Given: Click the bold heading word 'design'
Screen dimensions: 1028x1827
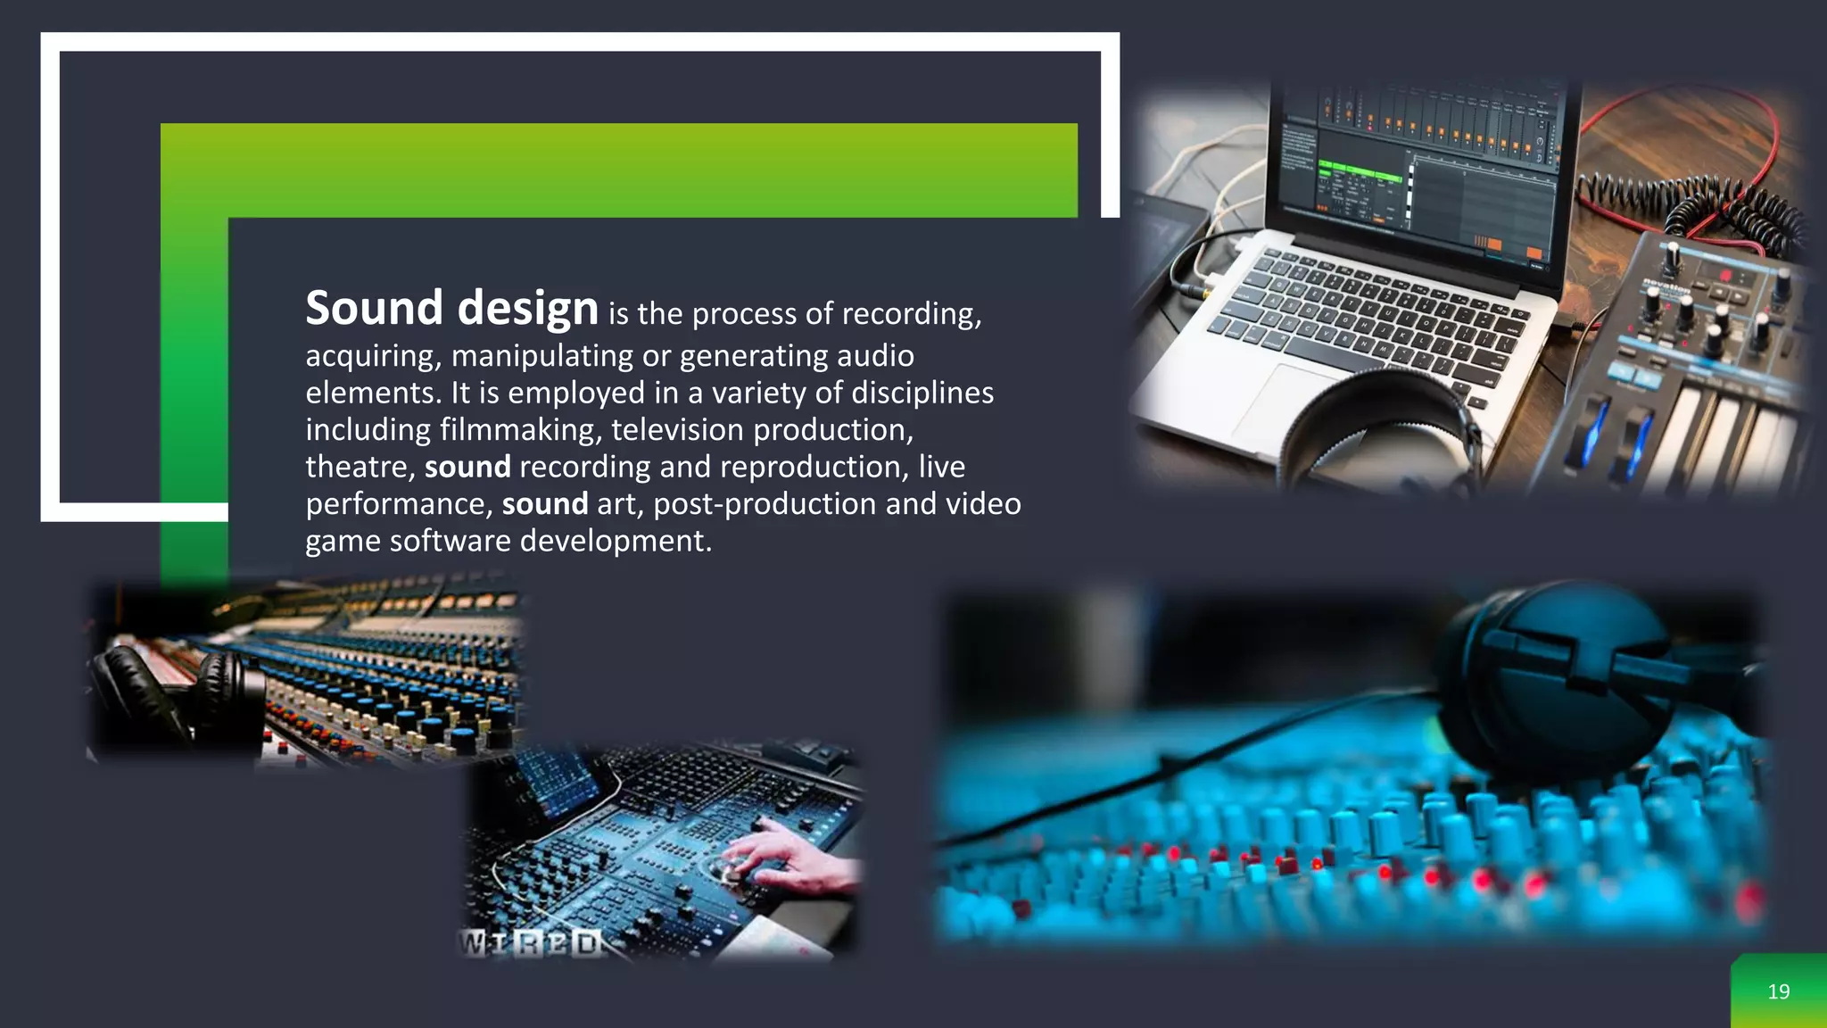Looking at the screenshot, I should tap(527, 309).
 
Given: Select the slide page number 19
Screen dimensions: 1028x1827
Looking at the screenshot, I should tap(1778, 991).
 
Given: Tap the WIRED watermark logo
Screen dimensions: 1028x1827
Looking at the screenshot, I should tap(530, 943).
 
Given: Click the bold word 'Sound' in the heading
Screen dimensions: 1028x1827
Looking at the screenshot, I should tap(374, 309).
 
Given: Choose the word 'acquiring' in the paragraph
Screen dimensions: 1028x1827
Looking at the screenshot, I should tap(373, 357).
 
